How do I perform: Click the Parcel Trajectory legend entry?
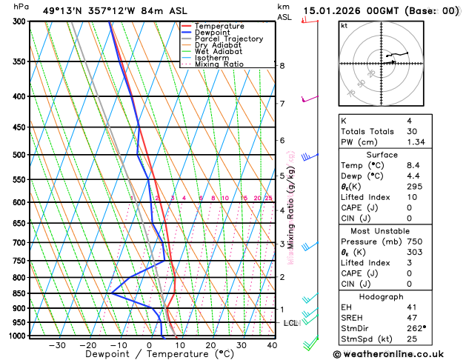pos(228,39)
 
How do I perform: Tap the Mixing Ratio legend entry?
pos(219,64)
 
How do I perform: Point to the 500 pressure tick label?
pos(19,155)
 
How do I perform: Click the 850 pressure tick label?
pos(19,293)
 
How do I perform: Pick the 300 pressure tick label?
pos(19,21)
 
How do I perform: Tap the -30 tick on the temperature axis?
pos(57,345)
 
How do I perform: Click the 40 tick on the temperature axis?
pos(272,345)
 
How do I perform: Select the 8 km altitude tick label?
pos(282,66)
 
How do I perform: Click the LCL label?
pos(290,323)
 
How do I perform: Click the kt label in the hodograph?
pos(344,25)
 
